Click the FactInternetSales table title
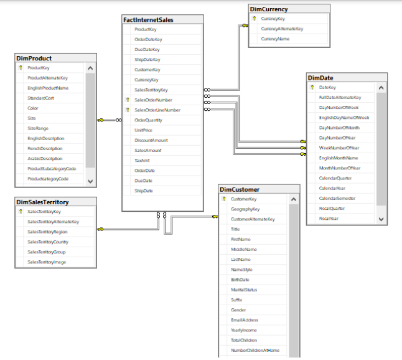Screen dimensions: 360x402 pos(148,20)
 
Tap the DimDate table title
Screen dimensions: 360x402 pos(321,78)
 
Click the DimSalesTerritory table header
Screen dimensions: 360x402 pos(42,202)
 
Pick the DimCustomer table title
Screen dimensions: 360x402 pos(240,189)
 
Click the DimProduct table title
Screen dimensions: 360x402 pos(34,58)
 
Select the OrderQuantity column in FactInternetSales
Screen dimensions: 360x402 pos(148,120)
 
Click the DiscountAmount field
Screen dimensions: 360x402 pos(151,140)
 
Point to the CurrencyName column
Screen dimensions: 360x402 pos(275,39)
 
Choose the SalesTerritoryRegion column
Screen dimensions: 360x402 pos(47,232)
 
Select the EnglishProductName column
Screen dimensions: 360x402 pos(48,88)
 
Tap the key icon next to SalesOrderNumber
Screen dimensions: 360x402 pos(128,100)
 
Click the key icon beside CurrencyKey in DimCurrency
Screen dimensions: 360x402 pos(254,19)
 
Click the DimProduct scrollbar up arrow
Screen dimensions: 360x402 pos(90,68)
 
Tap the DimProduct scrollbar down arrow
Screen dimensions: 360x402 pos(90,181)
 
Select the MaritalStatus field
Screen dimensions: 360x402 pos(244,290)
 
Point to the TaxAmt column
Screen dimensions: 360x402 pos(143,161)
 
